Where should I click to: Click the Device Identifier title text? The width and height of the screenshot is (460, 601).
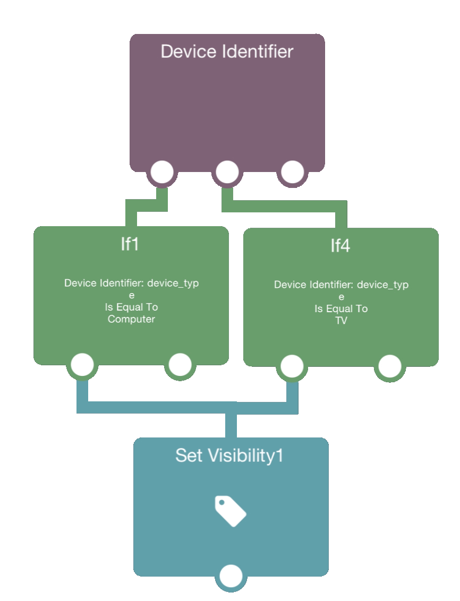[x=227, y=51]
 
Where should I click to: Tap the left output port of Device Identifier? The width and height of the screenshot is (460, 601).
[x=162, y=172]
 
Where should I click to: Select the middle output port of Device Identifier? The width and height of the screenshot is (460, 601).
[x=227, y=172]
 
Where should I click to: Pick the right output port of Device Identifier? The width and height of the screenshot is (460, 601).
[x=292, y=172]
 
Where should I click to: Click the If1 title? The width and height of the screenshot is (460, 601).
[x=130, y=245]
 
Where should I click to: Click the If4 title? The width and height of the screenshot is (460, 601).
[x=340, y=246]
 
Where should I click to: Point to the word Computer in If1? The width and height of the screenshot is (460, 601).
[x=131, y=319]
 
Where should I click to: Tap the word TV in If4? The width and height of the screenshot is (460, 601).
[x=340, y=321]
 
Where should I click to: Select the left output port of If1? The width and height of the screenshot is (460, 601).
[x=82, y=365]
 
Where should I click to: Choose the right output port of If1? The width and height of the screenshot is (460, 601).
[x=180, y=365]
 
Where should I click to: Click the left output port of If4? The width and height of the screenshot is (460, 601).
[x=292, y=366]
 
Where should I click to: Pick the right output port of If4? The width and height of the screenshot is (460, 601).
[x=389, y=366]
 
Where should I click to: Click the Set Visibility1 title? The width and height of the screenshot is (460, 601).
[x=229, y=456]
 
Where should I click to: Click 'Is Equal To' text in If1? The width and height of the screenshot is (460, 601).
[x=131, y=307]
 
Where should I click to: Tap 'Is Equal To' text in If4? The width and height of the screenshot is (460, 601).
[x=340, y=309]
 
